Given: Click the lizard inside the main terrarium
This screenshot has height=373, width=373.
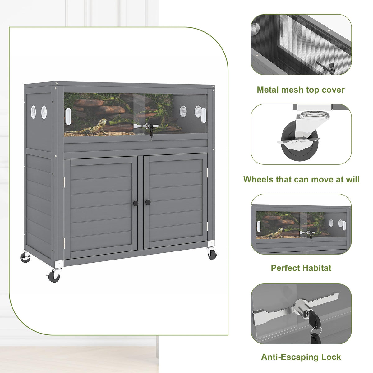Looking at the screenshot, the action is point(91,127).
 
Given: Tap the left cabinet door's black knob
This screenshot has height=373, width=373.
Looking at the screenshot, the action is point(136,203).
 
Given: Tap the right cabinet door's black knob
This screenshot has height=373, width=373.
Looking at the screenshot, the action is point(148,202).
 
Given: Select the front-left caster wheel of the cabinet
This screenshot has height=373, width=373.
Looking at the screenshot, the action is point(54,276).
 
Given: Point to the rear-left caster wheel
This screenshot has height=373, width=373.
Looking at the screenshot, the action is point(25,258).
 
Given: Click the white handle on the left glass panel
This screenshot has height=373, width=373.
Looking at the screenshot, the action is point(68,117).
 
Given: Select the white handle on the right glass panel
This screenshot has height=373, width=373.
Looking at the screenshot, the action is point(204,115).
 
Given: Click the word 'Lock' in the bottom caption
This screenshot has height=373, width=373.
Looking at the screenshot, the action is point(331,357).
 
